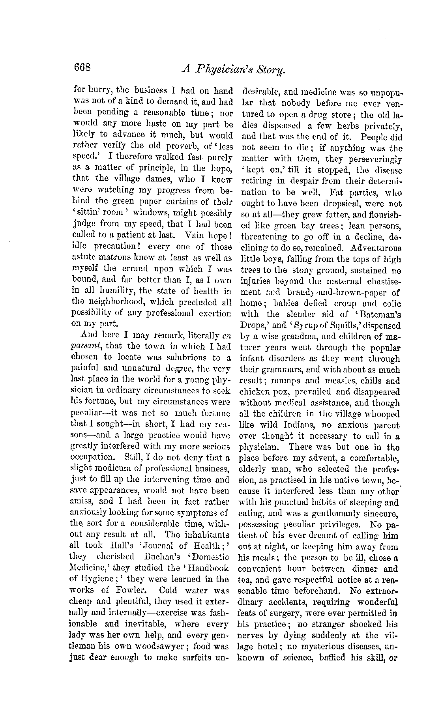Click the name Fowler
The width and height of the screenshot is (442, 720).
[132, 590]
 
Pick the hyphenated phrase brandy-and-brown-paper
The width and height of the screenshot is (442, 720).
[336, 292]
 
